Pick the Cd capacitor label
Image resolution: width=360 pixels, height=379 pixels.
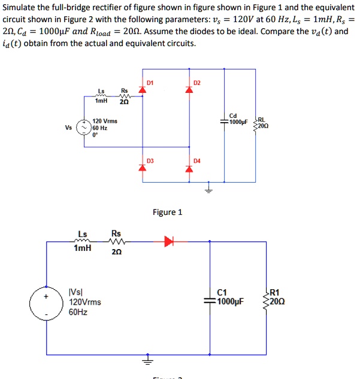click(233, 116)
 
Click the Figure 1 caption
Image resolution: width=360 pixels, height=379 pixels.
click(168, 212)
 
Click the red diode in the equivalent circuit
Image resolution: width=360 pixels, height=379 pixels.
click(169, 241)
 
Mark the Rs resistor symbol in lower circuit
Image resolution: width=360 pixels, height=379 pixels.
click(116, 242)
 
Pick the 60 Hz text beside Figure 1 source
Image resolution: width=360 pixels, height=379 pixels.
click(100, 128)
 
